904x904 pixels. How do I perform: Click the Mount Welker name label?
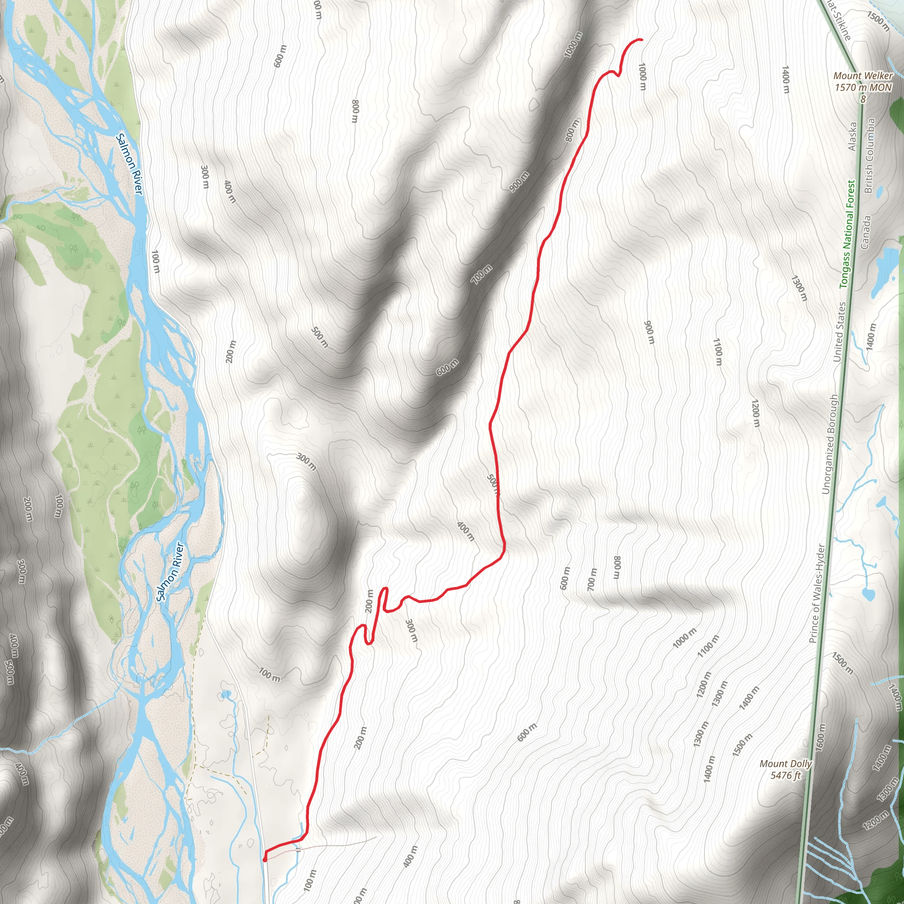863,75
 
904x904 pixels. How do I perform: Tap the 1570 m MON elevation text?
863,87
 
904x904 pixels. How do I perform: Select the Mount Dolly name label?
786,763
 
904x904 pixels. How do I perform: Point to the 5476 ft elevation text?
786,775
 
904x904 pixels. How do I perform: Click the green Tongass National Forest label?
847,234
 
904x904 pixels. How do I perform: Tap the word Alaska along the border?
852,137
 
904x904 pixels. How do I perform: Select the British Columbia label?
870,155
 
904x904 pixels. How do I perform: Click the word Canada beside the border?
865,232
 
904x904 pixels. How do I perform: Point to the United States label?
840,332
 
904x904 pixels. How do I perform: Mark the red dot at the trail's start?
265,859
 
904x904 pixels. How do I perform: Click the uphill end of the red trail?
641,40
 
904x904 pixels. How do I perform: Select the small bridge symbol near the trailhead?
298,850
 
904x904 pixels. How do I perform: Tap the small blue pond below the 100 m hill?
226,693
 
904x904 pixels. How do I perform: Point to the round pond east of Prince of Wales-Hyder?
868,594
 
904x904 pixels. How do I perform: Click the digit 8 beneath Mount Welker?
863,99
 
